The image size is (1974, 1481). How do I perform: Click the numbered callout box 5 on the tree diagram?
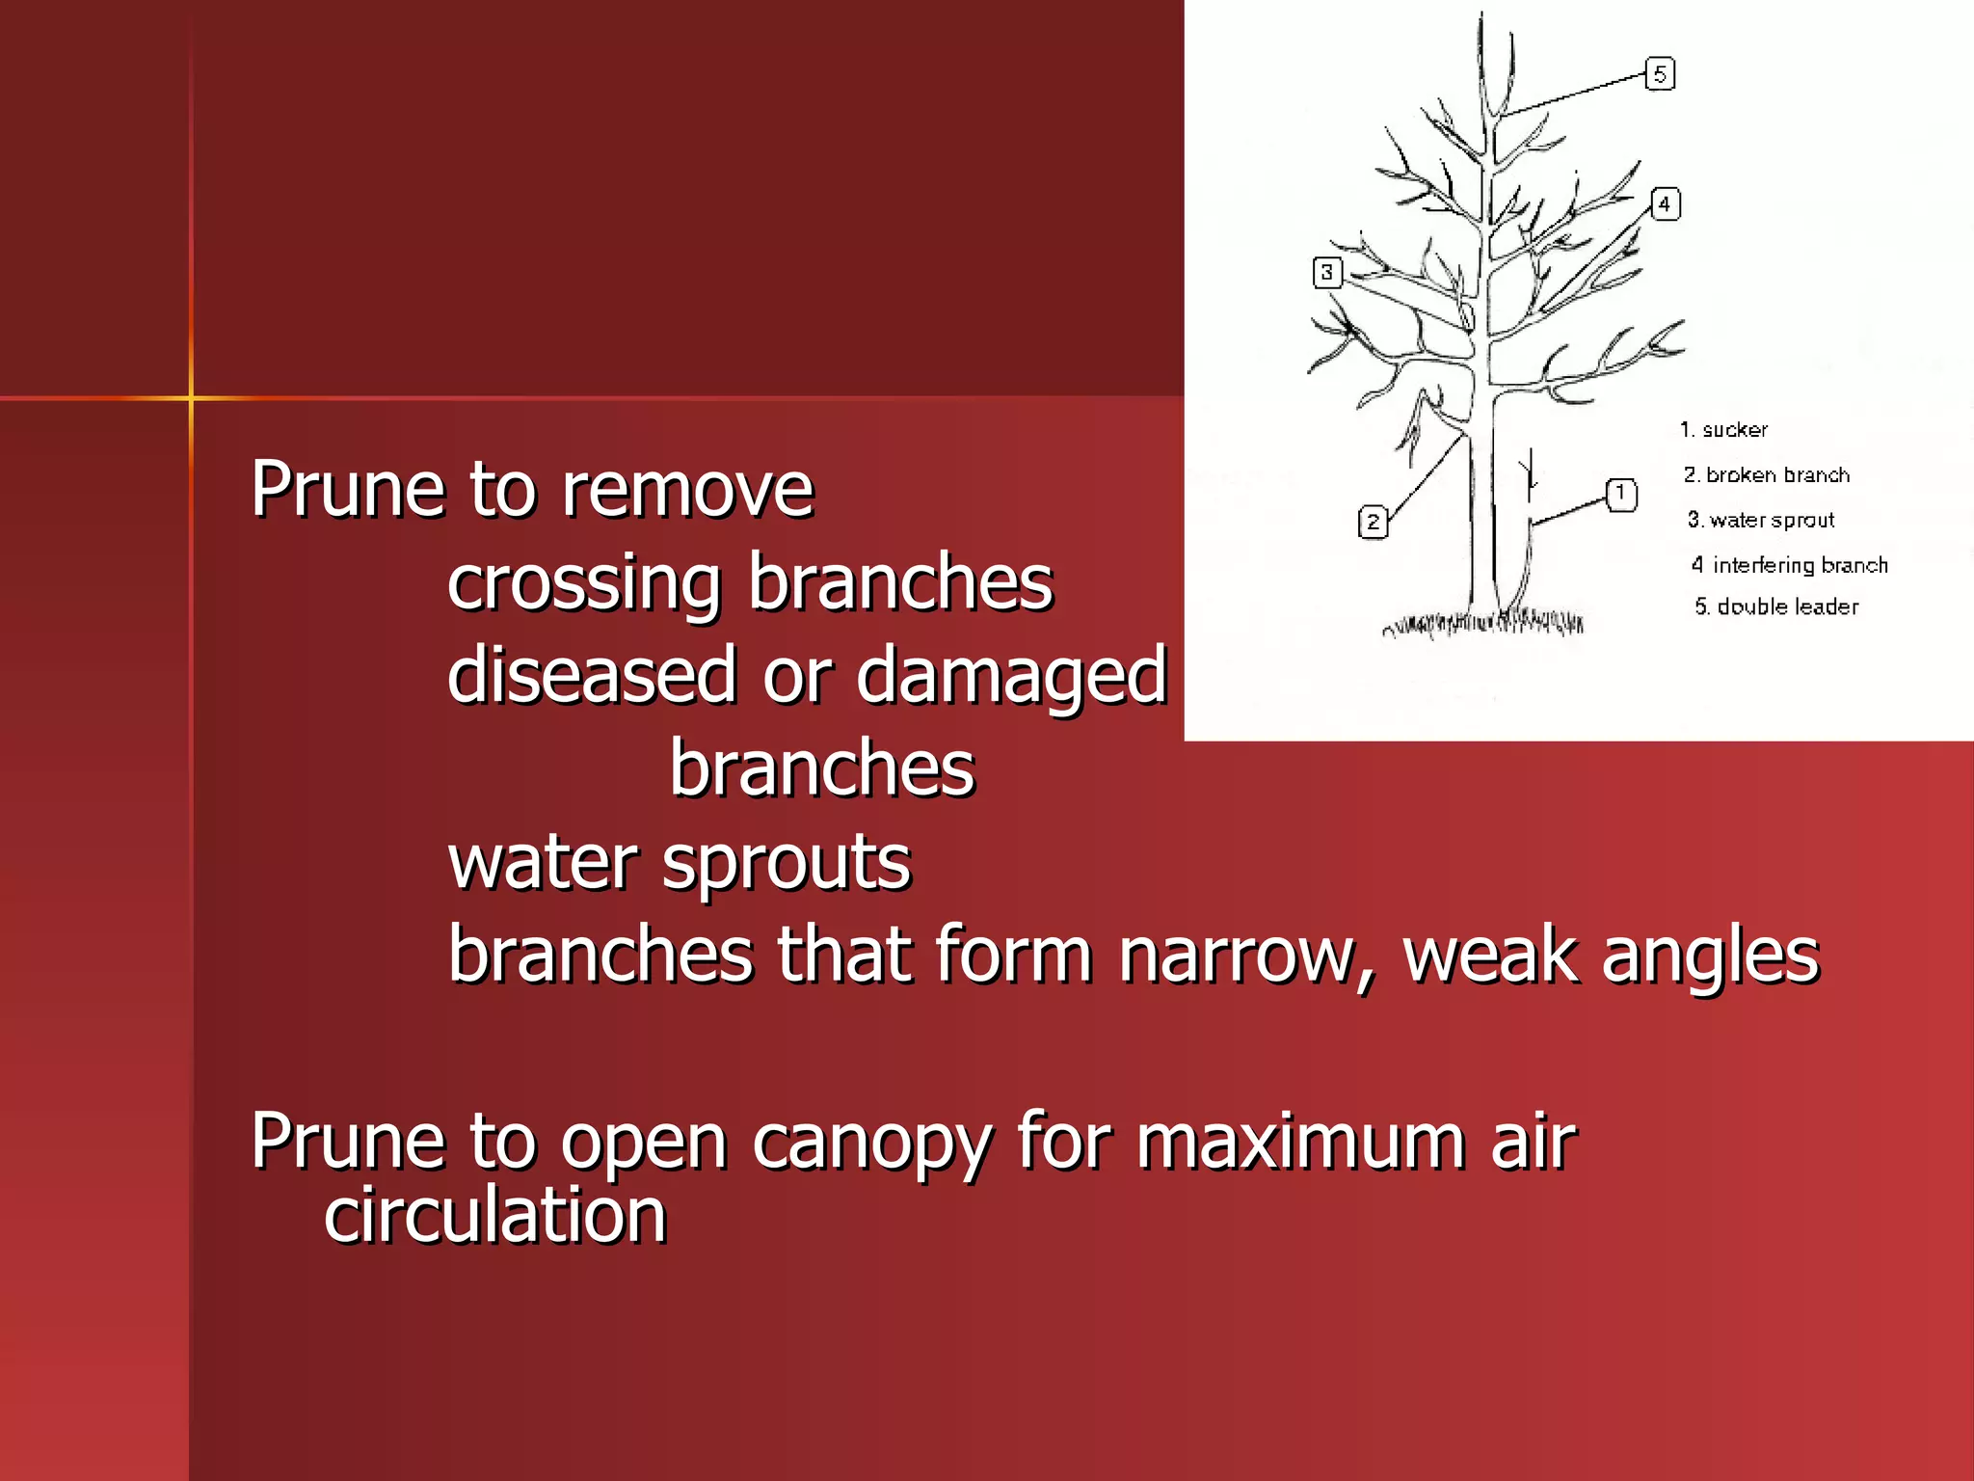[x=1660, y=74]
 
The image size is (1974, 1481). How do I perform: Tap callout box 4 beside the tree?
[x=1665, y=204]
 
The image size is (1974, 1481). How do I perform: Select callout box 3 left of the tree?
[x=1327, y=273]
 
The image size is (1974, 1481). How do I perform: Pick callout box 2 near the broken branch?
[x=1373, y=523]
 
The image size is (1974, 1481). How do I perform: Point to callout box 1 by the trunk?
[x=1621, y=495]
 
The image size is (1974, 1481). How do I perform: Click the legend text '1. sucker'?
[x=1724, y=430]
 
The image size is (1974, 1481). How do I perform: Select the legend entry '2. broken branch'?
[x=1767, y=474]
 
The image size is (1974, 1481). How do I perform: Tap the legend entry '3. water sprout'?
[x=1761, y=520]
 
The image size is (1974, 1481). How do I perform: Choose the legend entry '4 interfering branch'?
[x=1790, y=565]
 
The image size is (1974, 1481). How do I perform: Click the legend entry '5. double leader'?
[x=1776, y=606]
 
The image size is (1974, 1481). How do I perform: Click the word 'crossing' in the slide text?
[x=584, y=582]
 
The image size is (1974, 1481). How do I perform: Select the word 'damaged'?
[x=1011, y=676]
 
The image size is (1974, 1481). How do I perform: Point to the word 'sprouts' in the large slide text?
[x=787, y=862]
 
